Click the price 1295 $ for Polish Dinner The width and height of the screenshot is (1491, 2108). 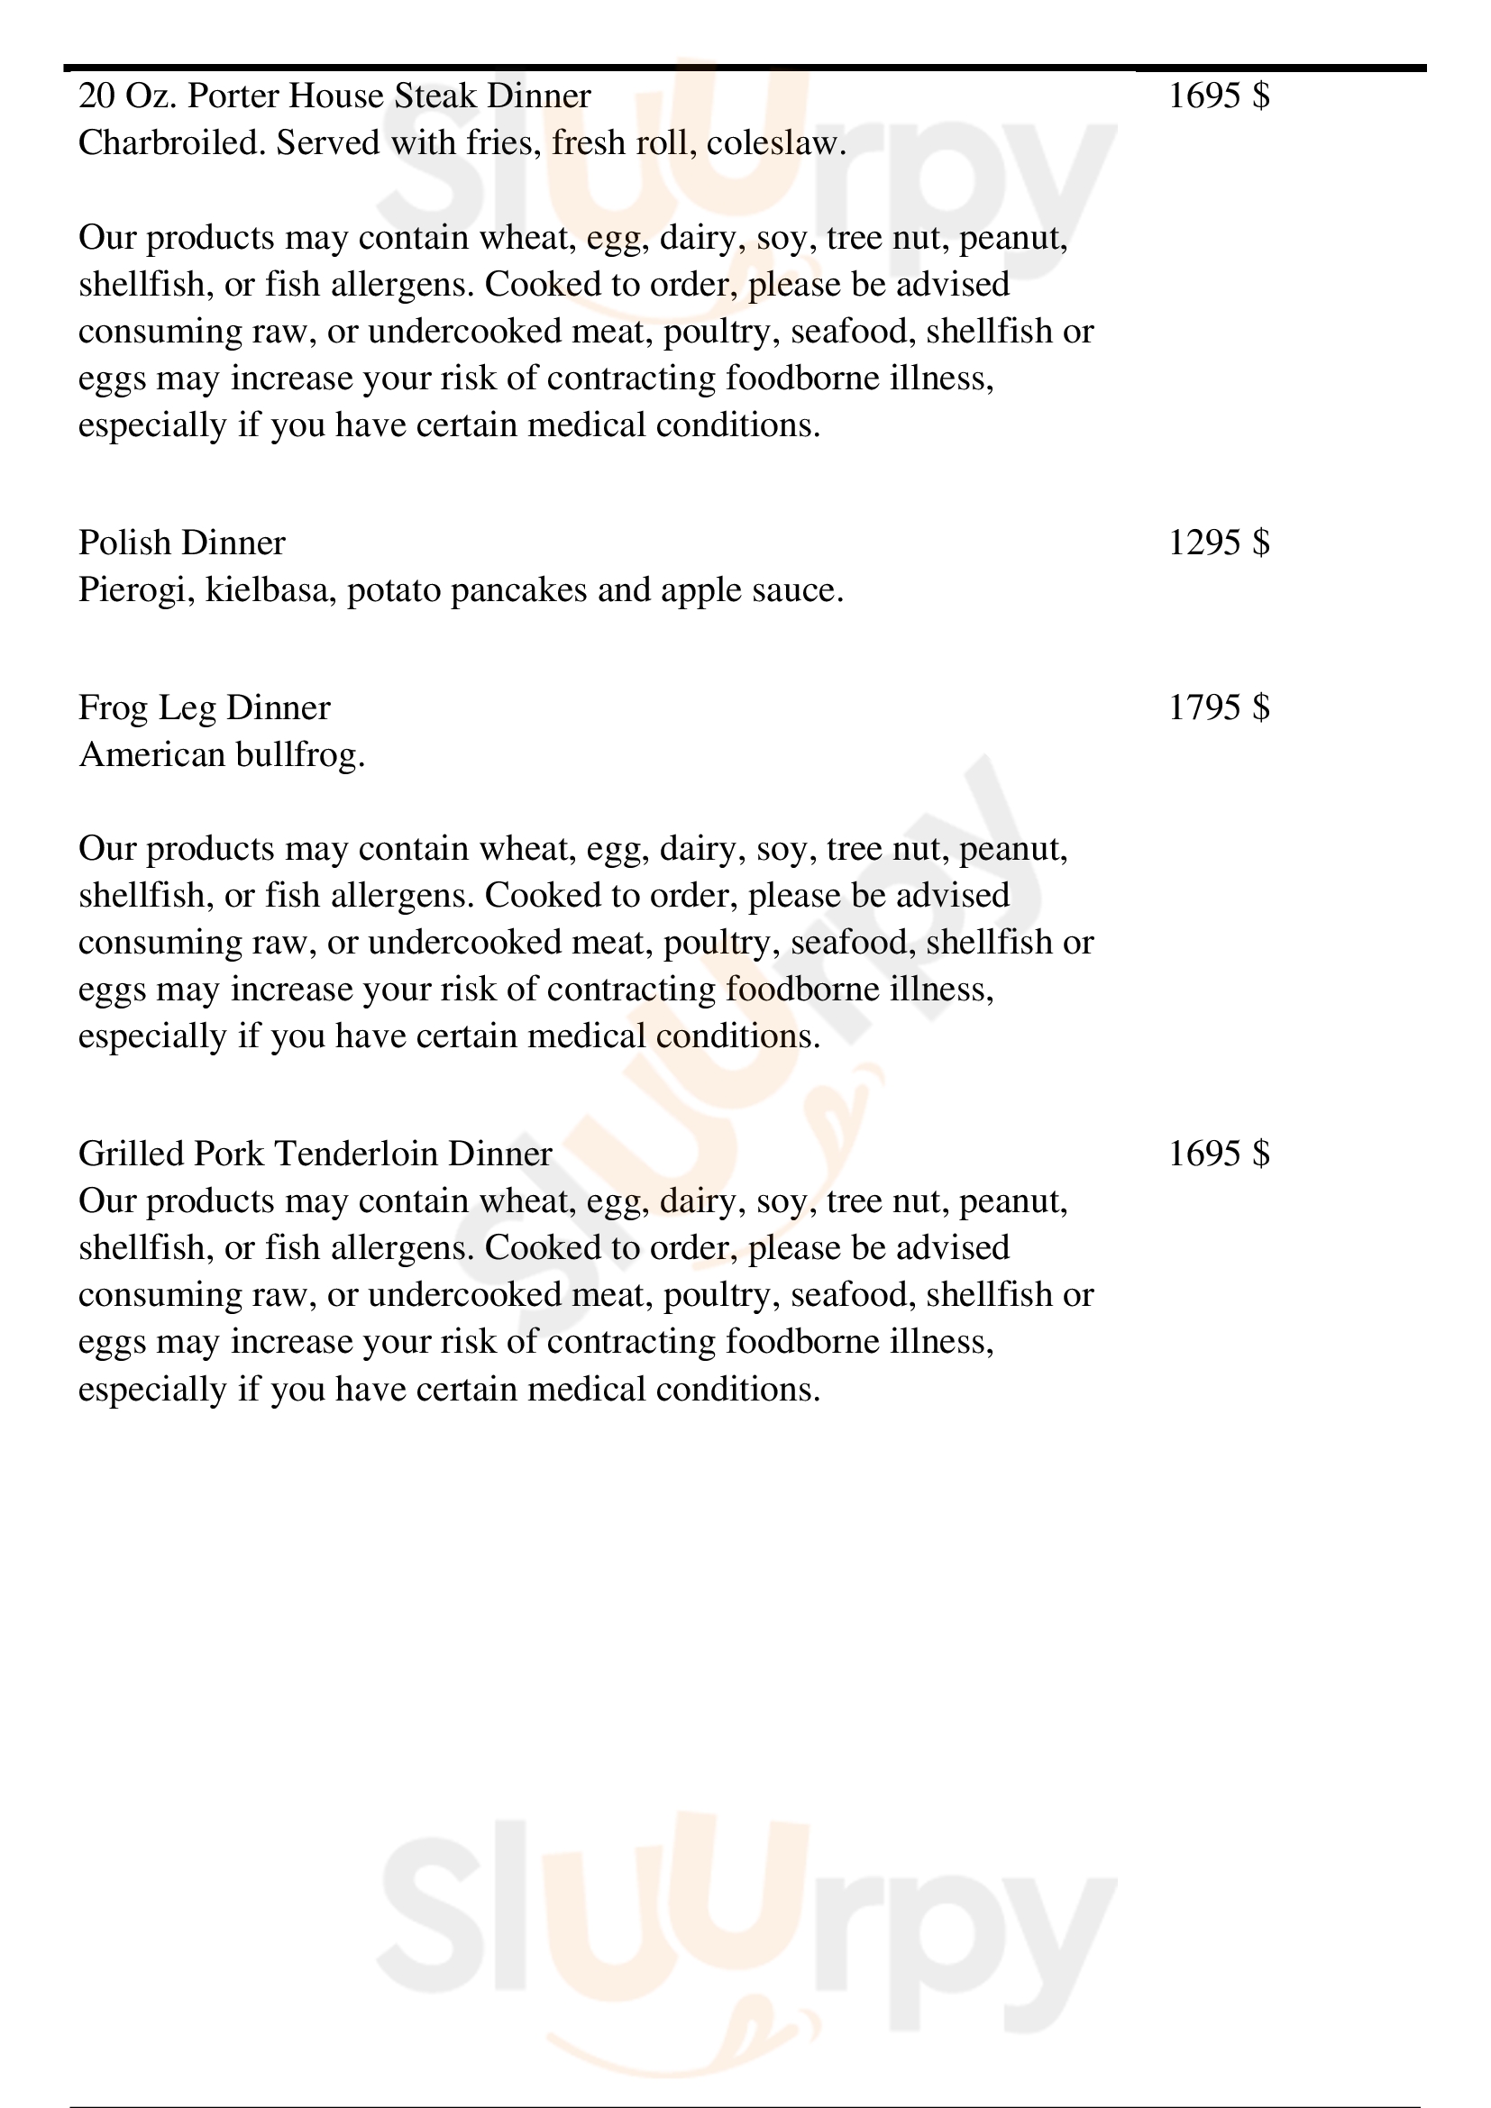(x=1219, y=543)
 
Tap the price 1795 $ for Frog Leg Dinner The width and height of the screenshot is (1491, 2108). (x=1219, y=707)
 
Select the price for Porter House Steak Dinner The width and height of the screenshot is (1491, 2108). (x=1219, y=96)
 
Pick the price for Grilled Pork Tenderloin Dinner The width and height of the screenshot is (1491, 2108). (x=1219, y=1154)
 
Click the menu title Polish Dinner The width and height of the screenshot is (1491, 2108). (x=182, y=543)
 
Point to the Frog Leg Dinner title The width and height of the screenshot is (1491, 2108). (x=204, y=707)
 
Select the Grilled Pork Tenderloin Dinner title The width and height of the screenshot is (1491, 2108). (x=315, y=1154)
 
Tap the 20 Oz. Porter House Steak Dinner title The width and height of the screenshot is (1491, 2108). (x=334, y=96)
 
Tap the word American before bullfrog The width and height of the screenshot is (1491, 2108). (x=151, y=754)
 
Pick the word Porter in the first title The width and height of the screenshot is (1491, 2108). (x=233, y=96)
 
